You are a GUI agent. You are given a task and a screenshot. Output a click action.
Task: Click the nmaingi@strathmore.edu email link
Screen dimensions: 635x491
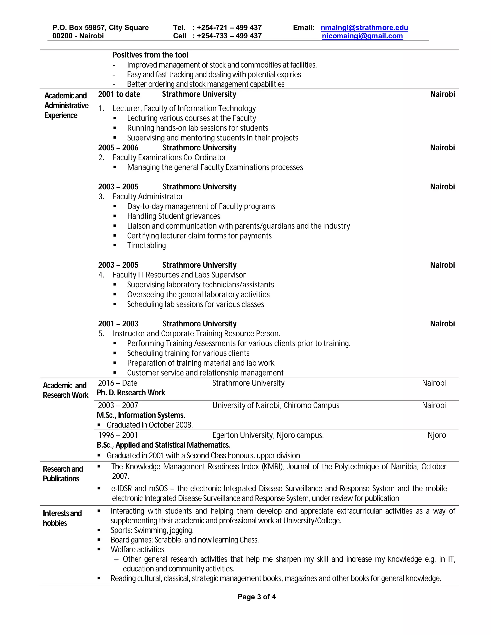364,28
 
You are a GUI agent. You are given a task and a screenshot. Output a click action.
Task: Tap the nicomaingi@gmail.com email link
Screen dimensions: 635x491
362,36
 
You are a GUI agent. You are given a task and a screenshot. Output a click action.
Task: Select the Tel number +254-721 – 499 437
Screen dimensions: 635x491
229,28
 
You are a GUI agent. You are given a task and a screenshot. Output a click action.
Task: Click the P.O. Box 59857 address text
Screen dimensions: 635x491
100,28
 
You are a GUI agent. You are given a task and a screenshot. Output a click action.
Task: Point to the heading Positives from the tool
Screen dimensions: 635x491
150,55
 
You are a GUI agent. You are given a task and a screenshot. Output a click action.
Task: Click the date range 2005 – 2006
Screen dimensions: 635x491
118,148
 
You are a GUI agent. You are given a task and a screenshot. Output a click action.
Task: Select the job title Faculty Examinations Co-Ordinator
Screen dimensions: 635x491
169,158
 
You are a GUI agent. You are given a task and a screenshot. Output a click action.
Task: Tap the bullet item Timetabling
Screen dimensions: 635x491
146,245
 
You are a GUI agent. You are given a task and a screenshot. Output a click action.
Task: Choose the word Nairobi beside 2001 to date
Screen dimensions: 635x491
442,94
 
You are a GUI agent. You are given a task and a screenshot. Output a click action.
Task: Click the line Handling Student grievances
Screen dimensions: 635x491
174,216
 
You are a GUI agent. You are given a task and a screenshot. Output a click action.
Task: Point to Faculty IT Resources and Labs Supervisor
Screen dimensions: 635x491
179,275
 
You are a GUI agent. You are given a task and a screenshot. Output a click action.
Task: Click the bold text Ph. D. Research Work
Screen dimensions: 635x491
131,393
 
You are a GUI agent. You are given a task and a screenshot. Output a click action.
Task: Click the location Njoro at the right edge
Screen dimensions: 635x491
437,435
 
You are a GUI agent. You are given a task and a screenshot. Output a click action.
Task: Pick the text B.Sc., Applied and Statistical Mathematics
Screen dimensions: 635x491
164,445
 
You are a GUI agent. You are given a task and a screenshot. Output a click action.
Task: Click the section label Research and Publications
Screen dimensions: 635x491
63,474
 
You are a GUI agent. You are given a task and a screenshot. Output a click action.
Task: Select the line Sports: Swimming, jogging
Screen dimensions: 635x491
152,530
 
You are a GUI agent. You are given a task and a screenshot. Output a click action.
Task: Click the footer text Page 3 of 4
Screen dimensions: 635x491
257,597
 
